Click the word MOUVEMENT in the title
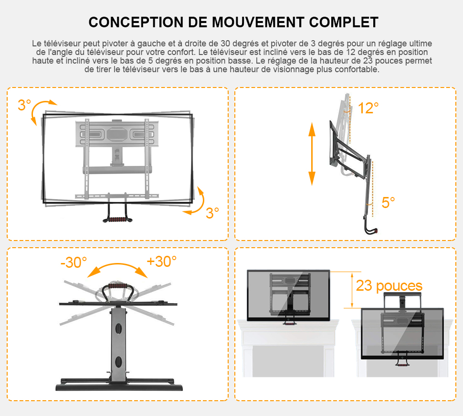[258, 22]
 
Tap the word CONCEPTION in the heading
[136, 22]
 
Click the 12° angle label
[368, 108]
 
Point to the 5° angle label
[388, 203]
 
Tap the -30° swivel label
[74, 263]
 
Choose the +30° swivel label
[161, 262]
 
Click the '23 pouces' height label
[389, 286]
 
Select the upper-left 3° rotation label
[24, 105]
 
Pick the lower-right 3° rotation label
[212, 213]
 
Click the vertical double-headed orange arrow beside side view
[312, 154]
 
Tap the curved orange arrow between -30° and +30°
[117, 264]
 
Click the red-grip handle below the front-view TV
[117, 219]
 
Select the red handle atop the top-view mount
[117, 286]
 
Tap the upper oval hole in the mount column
[118, 328]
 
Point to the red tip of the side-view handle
[376, 230]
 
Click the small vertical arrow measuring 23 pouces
[352, 290]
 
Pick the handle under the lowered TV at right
[402, 361]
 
